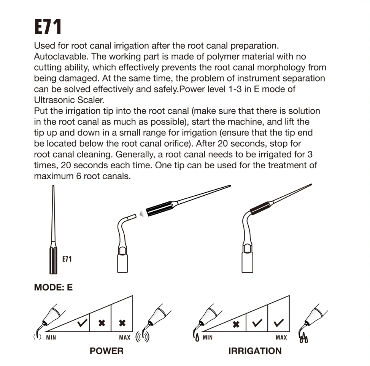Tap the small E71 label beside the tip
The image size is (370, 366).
coord(67,259)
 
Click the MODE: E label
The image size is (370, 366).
coord(53,288)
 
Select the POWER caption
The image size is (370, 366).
coord(106,351)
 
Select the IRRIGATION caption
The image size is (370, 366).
coord(255,351)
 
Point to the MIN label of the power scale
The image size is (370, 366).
coord(51,337)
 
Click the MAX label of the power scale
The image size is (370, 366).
coord(125,337)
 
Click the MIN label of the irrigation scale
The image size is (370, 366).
coord(207,337)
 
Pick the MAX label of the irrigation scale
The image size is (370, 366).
coord(281,337)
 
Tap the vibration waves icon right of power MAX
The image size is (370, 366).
coord(142,336)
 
